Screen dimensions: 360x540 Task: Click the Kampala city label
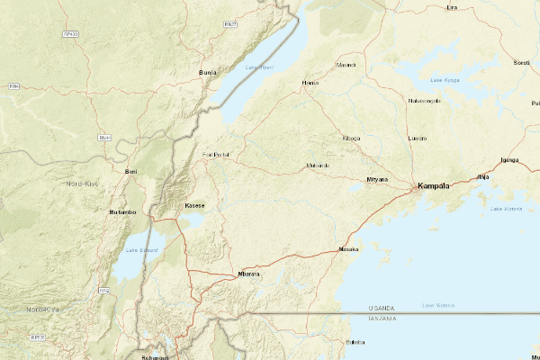[433, 187]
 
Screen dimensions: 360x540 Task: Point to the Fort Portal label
[216, 155]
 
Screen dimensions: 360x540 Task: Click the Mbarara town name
[247, 273]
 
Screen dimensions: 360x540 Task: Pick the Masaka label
[348, 248]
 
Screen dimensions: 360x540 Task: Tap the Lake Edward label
[140, 250]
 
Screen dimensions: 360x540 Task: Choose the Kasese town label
[194, 205]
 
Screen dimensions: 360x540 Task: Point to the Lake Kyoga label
[445, 80]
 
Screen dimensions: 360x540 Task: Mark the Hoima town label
[310, 83]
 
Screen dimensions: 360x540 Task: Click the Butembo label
[121, 211]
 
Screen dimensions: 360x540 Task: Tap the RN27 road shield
[230, 24]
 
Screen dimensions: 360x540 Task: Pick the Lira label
[452, 7]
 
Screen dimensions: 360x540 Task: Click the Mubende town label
[318, 166]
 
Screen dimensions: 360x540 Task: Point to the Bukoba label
[355, 342]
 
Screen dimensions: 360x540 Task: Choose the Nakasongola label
[425, 101]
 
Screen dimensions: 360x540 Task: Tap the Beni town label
[131, 171]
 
